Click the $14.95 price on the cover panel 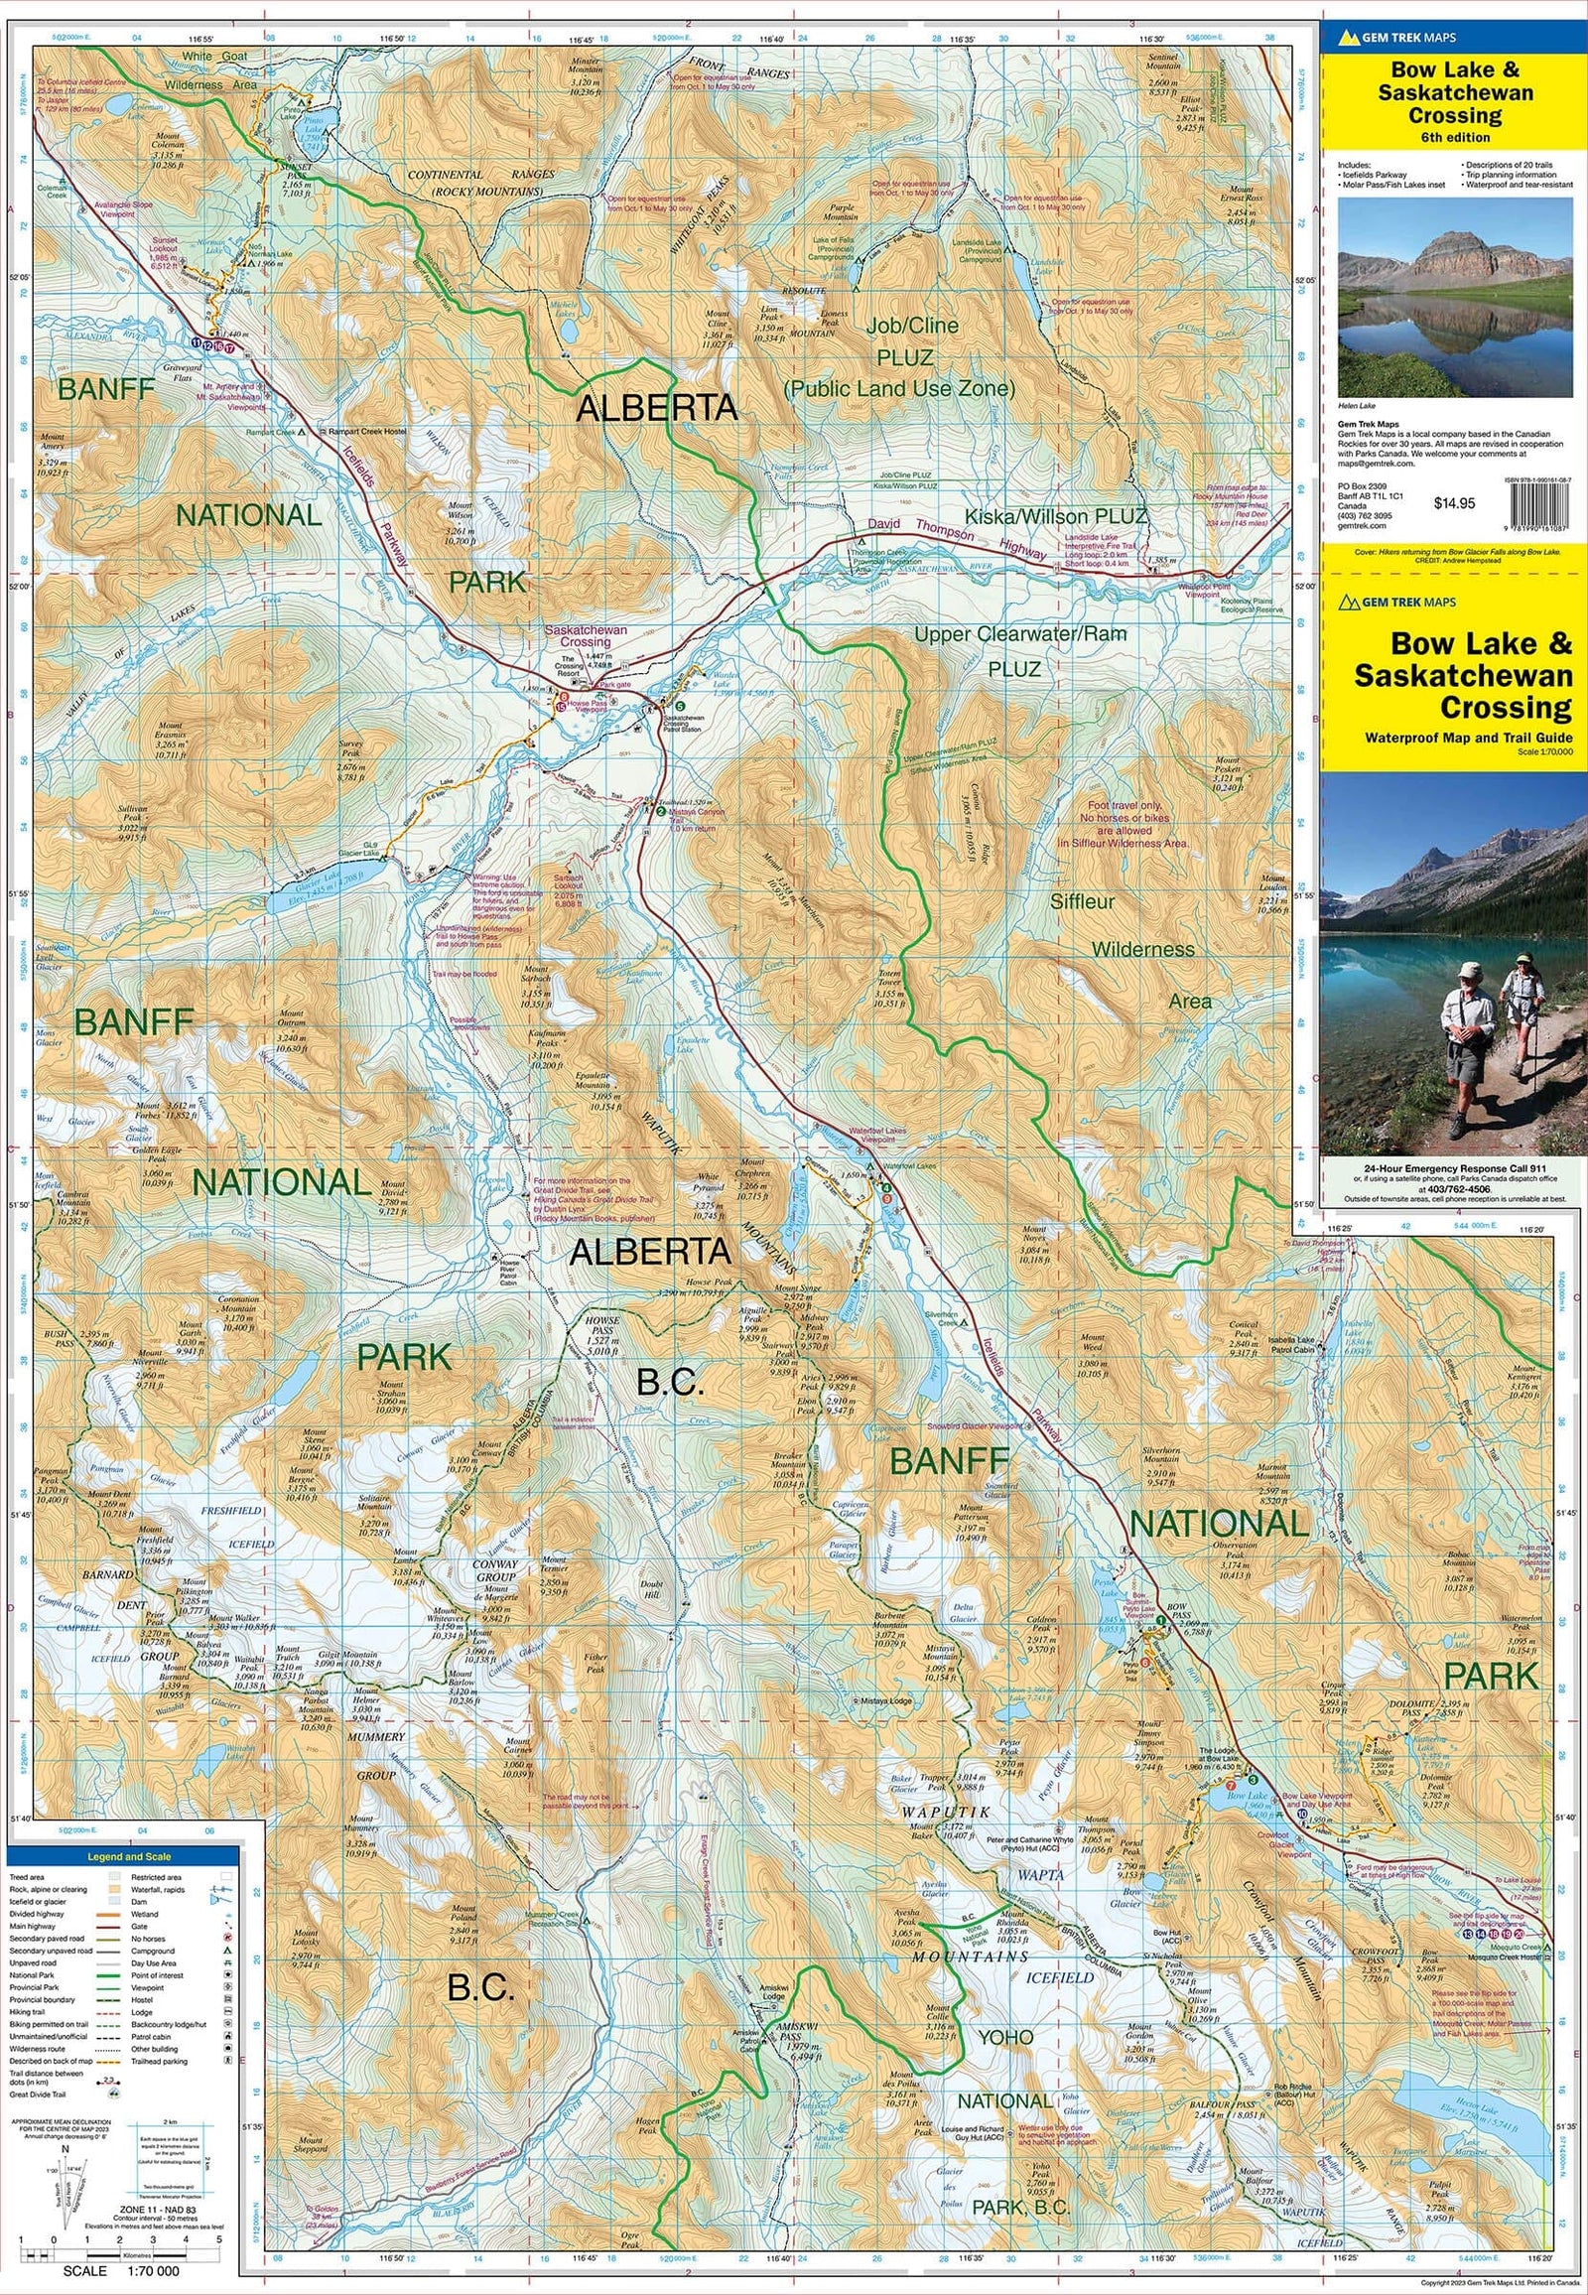coord(1454,503)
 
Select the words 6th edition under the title coord(1455,137)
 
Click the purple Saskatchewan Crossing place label coord(585,636)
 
